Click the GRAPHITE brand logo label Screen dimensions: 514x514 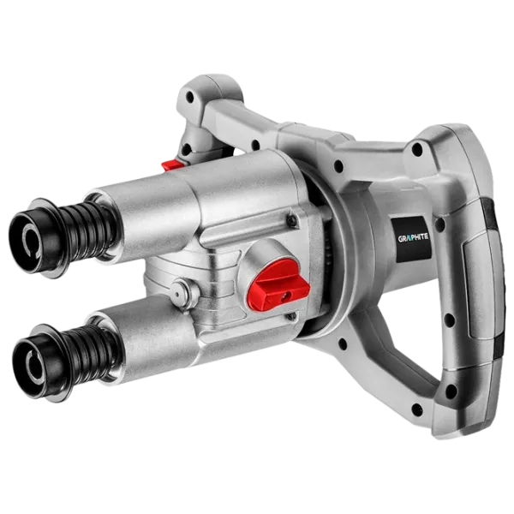click(413, 238)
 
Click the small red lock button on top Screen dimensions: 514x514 click(172, 164)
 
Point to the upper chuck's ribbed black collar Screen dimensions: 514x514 click(88, 229)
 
